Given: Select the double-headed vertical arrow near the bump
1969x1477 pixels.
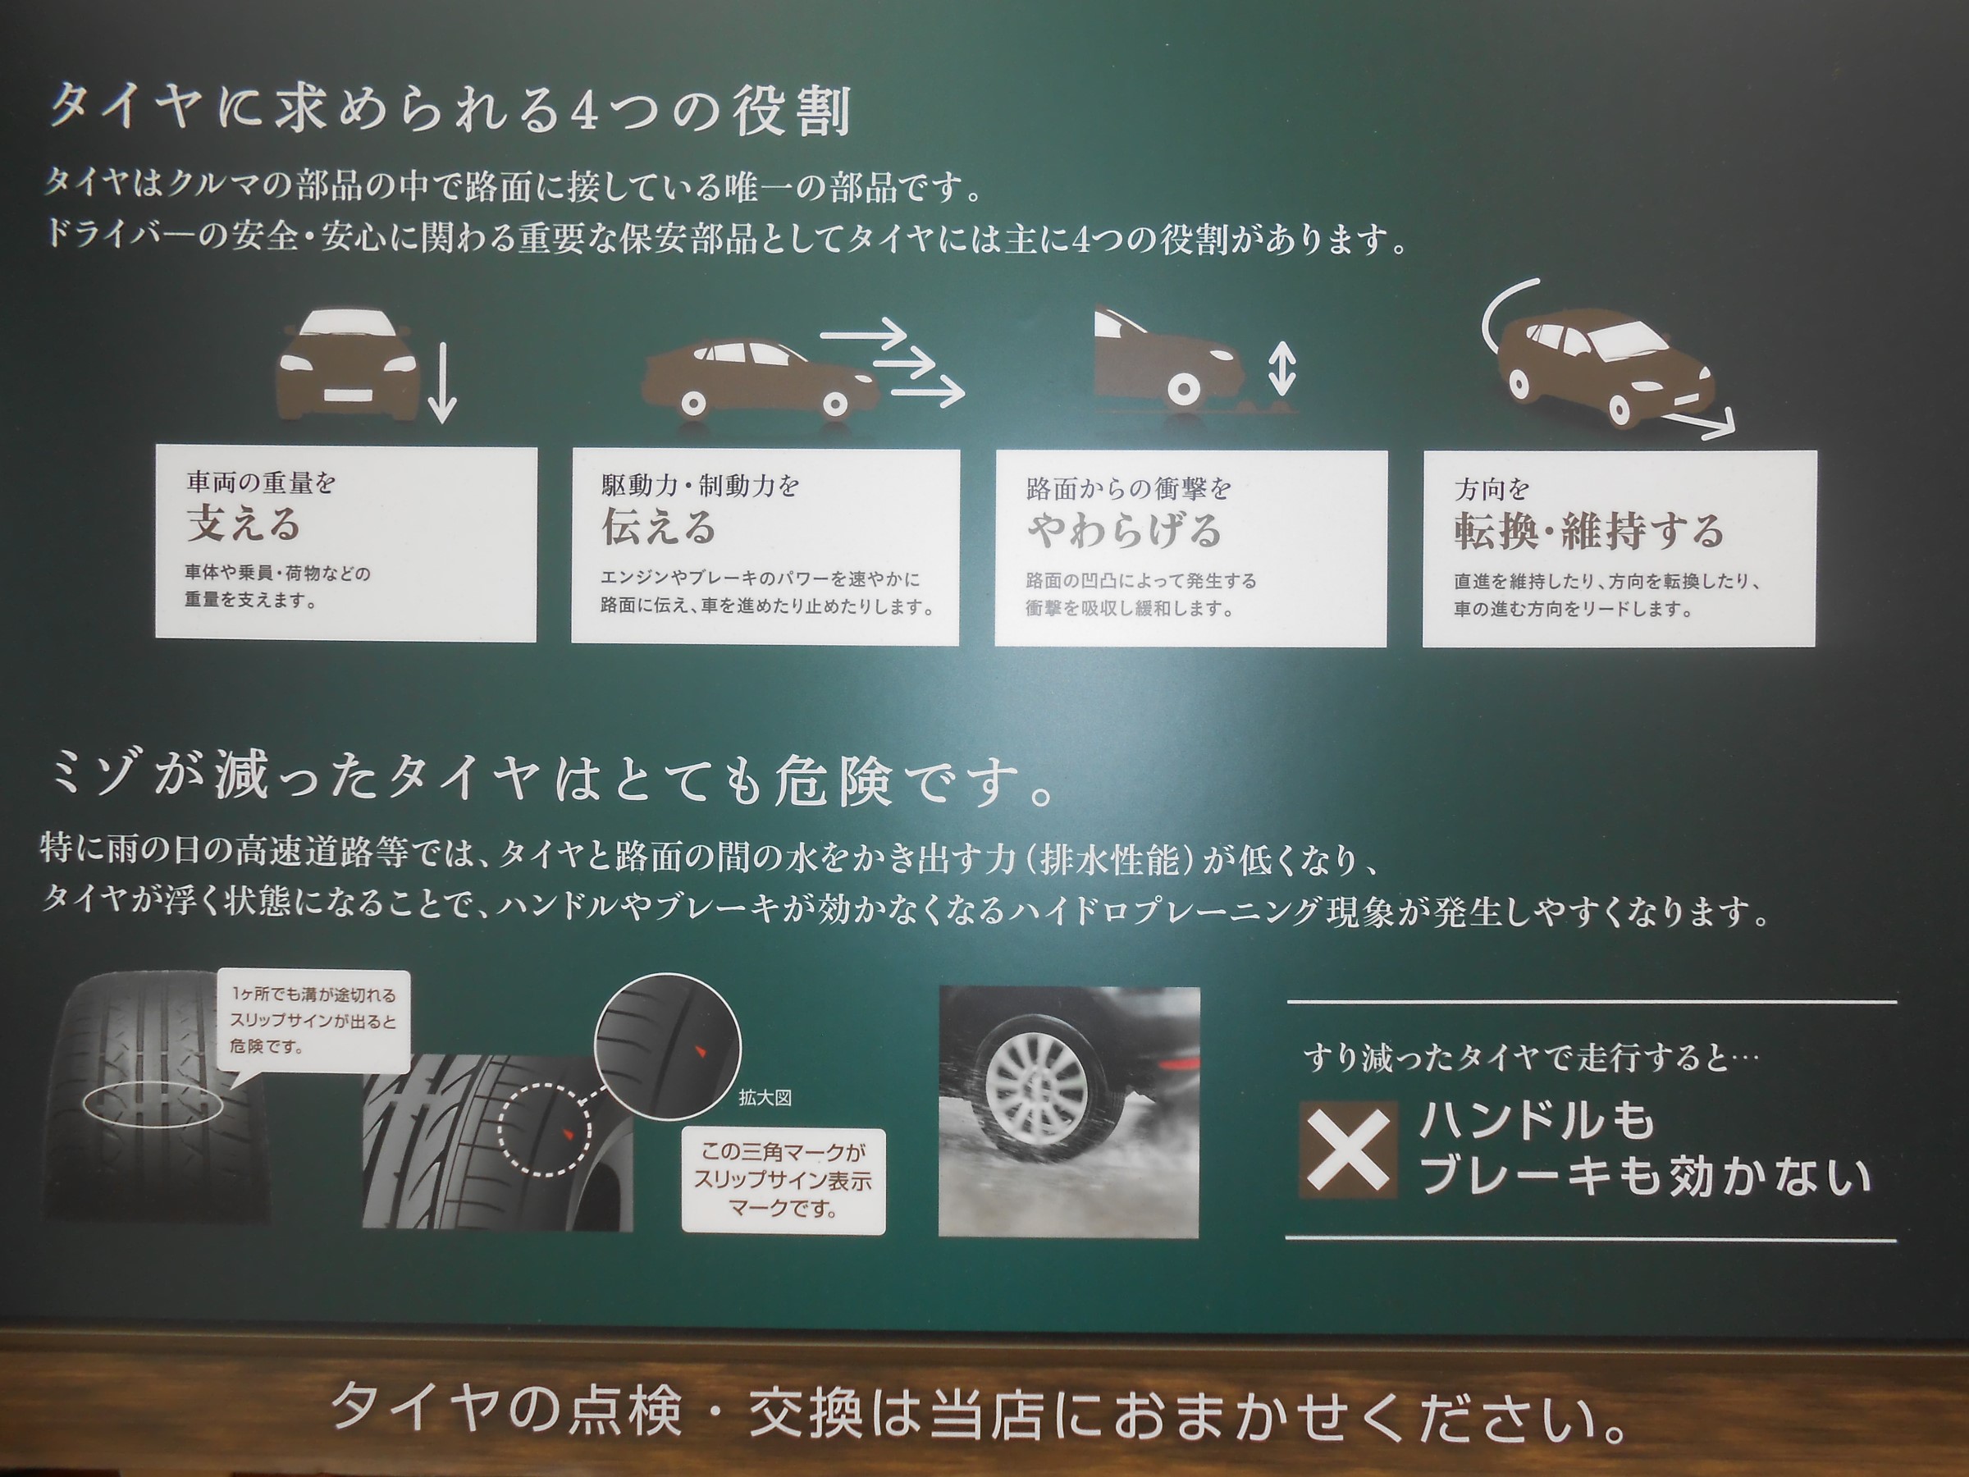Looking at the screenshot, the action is click(x=1281, y=368).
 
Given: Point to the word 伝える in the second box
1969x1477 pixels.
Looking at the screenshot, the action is click(x=659, y=526).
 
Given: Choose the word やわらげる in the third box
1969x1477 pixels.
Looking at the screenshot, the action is click(x=1123, y=531).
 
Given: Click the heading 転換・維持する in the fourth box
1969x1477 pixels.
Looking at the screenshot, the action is click(x=1589, y=532).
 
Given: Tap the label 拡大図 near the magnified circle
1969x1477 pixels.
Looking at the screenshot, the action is click(x=765, y=1098).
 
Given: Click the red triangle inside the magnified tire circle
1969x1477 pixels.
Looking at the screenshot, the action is click(x=700, y=1052).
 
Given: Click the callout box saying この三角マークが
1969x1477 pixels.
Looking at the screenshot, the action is click(x=783, y=1181).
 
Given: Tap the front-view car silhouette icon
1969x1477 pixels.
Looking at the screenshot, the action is click(x=347, y=365).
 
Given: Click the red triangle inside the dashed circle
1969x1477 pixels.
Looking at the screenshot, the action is click(x=568, y=1133).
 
